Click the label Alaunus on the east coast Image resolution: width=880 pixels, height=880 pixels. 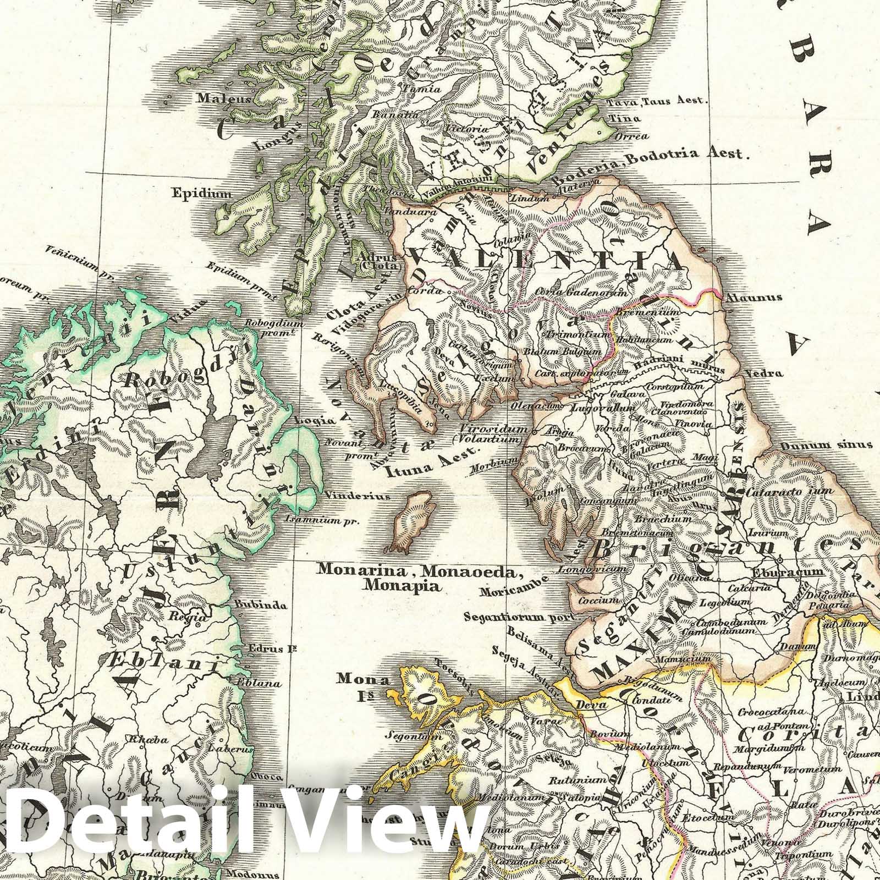(753, 298)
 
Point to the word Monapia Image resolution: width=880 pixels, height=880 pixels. (402, 586)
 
